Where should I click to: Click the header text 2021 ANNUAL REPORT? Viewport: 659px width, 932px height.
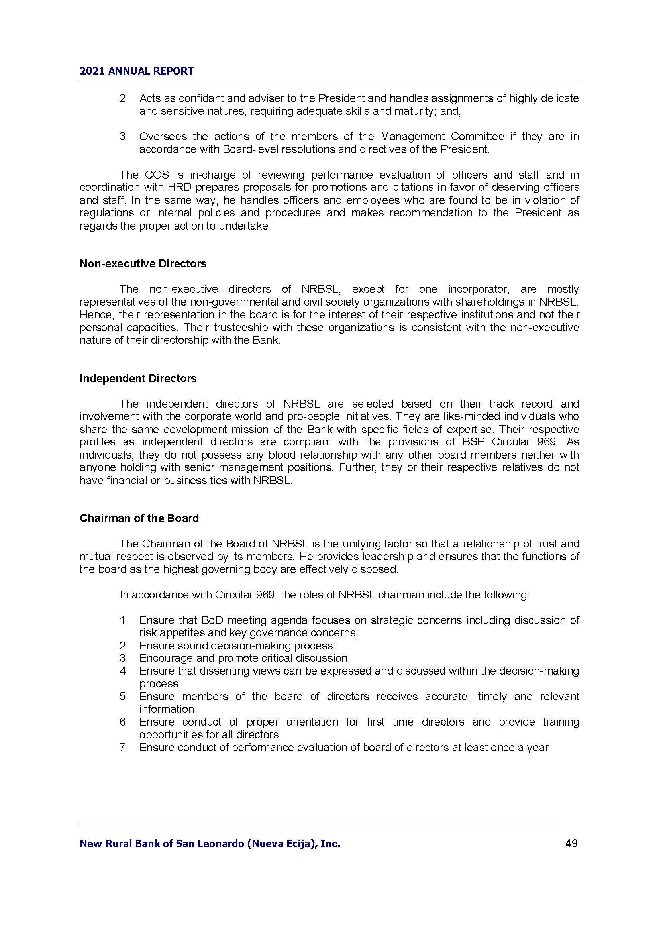pos(137,71)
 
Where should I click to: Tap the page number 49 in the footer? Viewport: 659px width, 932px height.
pos(571,844)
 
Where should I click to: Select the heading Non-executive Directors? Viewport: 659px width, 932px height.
pos(143,264)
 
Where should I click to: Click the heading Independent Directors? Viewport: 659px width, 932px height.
pos(138,378)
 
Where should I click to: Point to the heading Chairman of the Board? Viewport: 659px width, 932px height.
pos(139,518)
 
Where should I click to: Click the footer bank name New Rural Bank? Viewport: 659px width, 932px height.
pos(210,844)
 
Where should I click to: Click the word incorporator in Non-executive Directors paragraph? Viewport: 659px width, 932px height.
pos(478,289)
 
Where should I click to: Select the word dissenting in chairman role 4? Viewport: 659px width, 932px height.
pos(211,671)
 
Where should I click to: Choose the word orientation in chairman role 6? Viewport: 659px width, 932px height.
pos(312,722)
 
